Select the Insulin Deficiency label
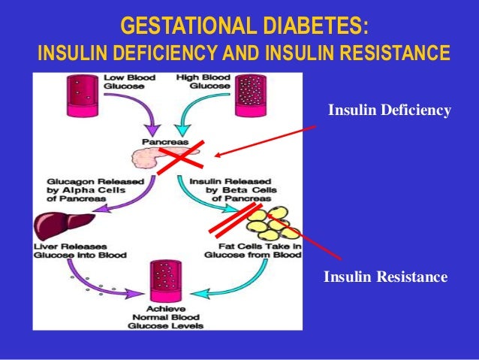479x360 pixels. pos(390,112)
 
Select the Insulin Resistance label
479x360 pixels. pos(385,278)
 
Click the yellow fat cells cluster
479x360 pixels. pos(273,223)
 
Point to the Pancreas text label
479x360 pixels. pos(159,141)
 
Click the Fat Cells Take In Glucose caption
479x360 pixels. pos(241,250)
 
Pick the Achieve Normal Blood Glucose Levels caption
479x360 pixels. pos(167,318)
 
